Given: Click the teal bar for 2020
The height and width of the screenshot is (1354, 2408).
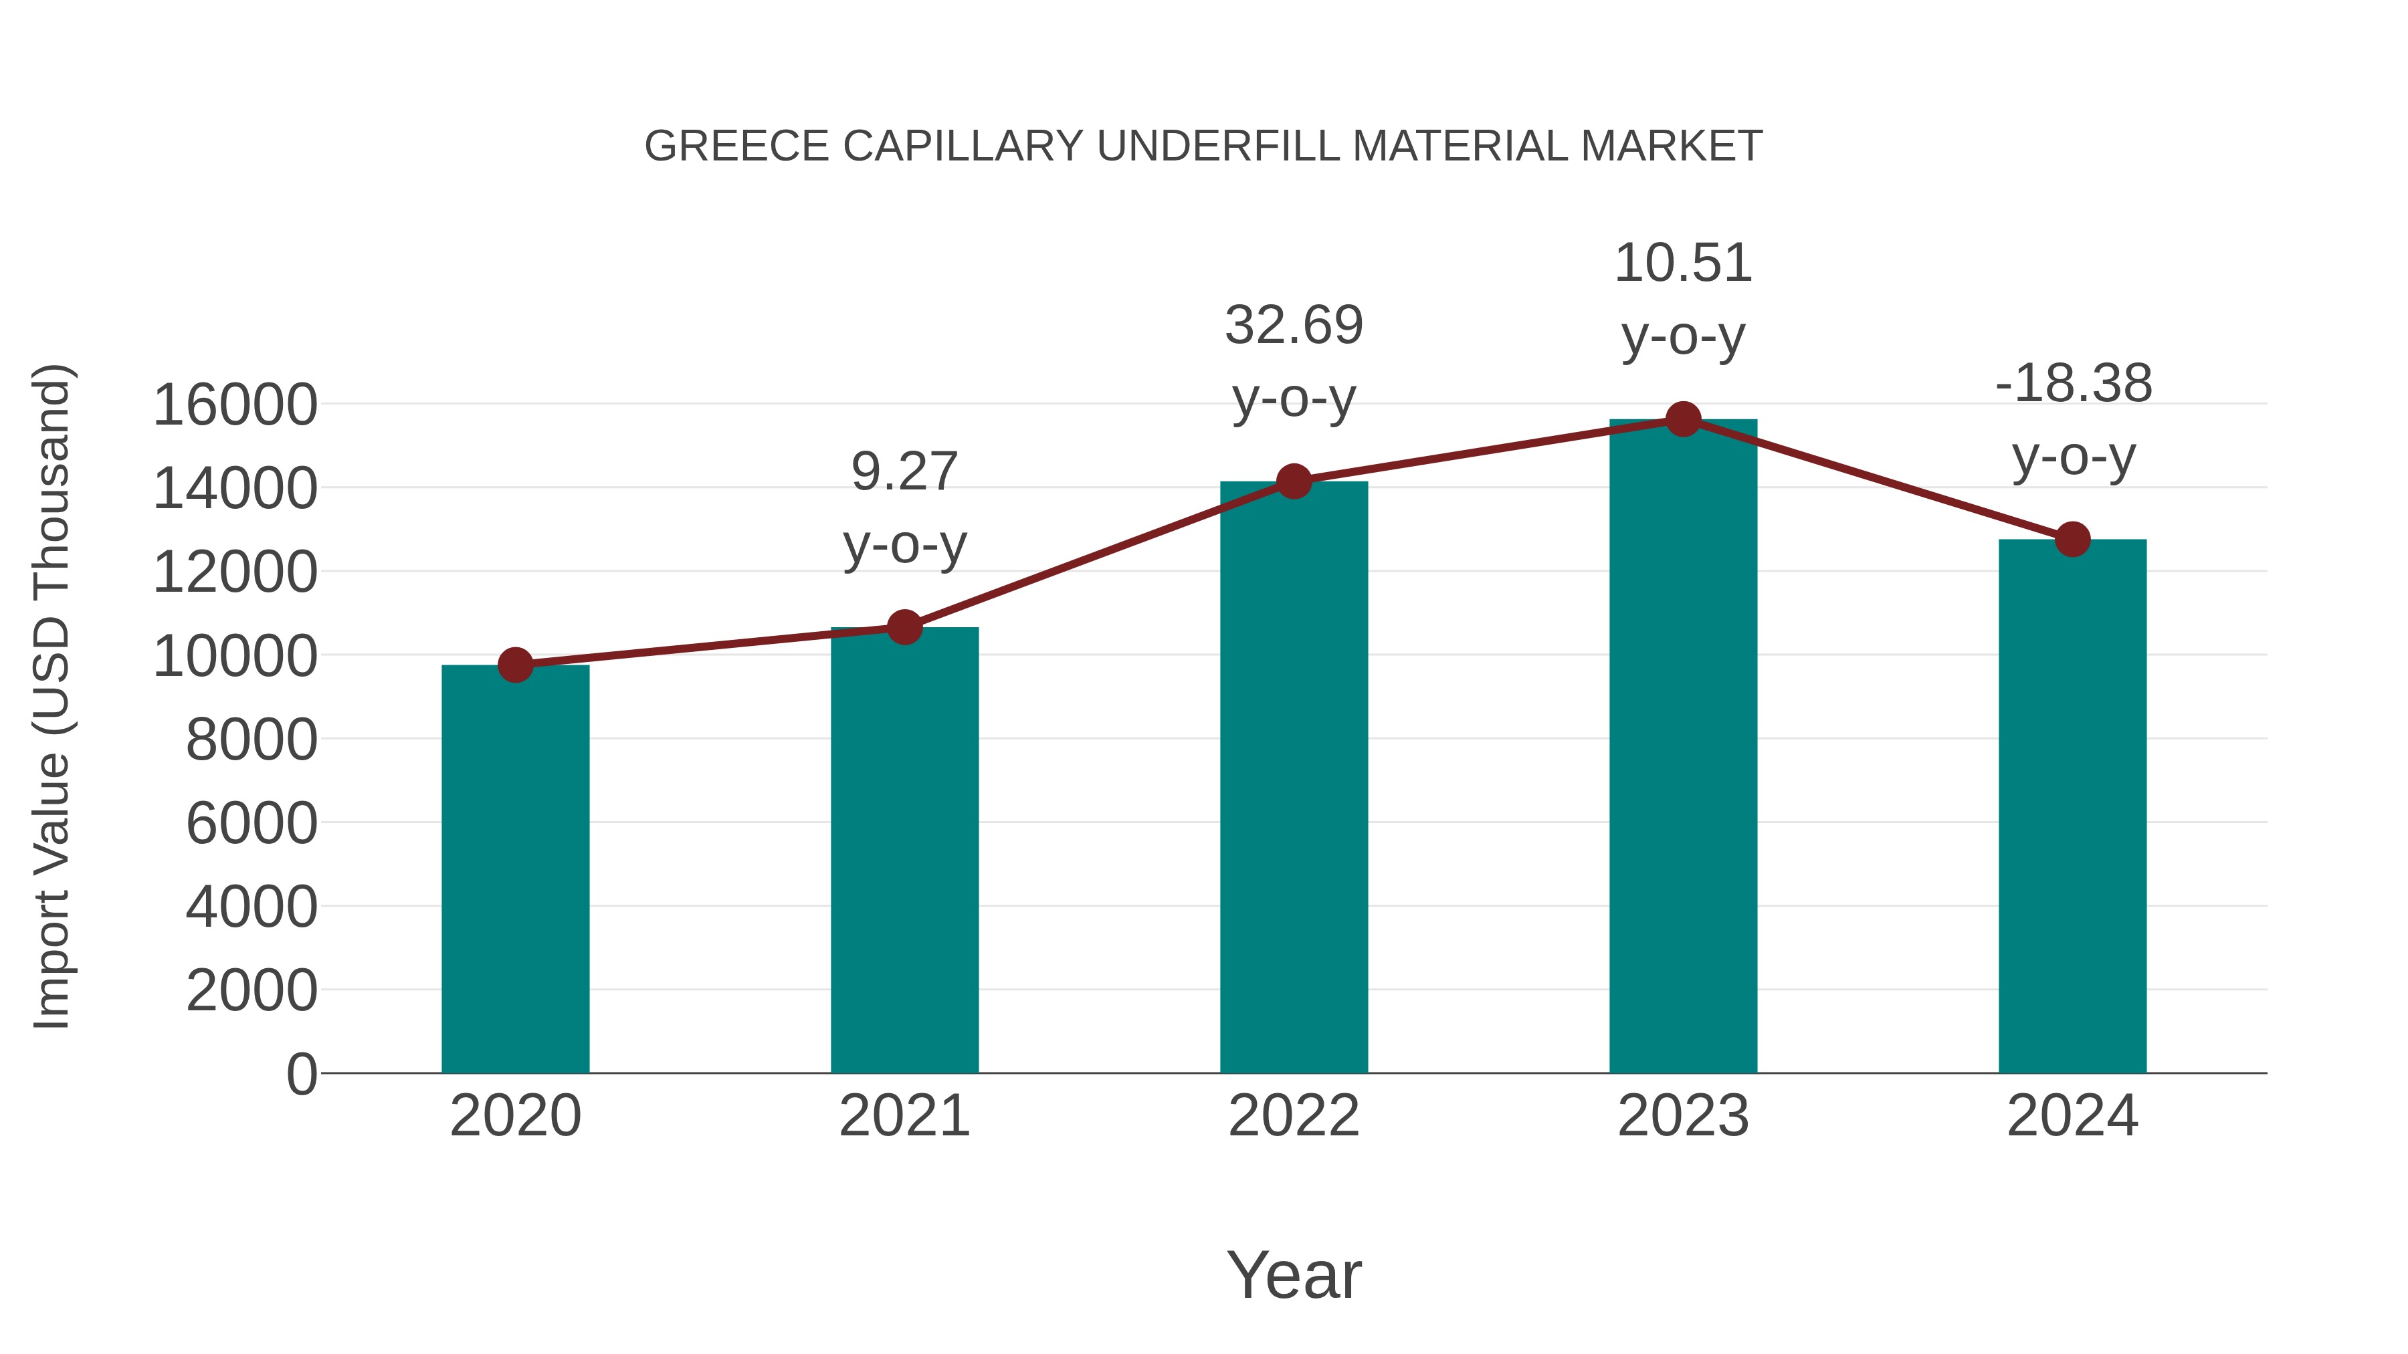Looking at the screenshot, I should pyautogui.click(x=515, y=869).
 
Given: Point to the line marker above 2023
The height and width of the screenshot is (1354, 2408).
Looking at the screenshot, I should pyautogui.click(x=1683, y=419).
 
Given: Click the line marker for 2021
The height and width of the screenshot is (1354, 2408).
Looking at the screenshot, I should pyautogui.click(x=904, y=627).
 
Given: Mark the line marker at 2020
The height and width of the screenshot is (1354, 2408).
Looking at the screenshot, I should pyautogui.click(x=515, y=665).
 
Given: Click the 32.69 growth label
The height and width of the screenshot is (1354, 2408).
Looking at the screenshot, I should pyautogui.click(x=1294, y=362).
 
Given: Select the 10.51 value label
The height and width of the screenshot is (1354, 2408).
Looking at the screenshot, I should pyautogui.click(x=1683, y=299).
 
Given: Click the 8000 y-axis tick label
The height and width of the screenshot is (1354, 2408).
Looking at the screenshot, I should pyautogui.click(x=252, y=740).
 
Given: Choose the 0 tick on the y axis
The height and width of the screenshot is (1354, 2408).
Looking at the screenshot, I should pyautogui.click(x=302, y=1074).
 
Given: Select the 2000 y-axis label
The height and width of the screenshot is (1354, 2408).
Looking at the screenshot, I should pyautogui.click(x=252, y=990).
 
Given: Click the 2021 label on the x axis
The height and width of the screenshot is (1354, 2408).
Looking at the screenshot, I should pyautogui.click(x=904, y=1116).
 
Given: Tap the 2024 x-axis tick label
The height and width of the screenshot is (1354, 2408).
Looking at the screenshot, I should pyautogui.click(x=2072, y=1116).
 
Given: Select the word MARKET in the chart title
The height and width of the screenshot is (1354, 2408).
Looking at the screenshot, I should pyautogui.click(x=1672, y=146).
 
